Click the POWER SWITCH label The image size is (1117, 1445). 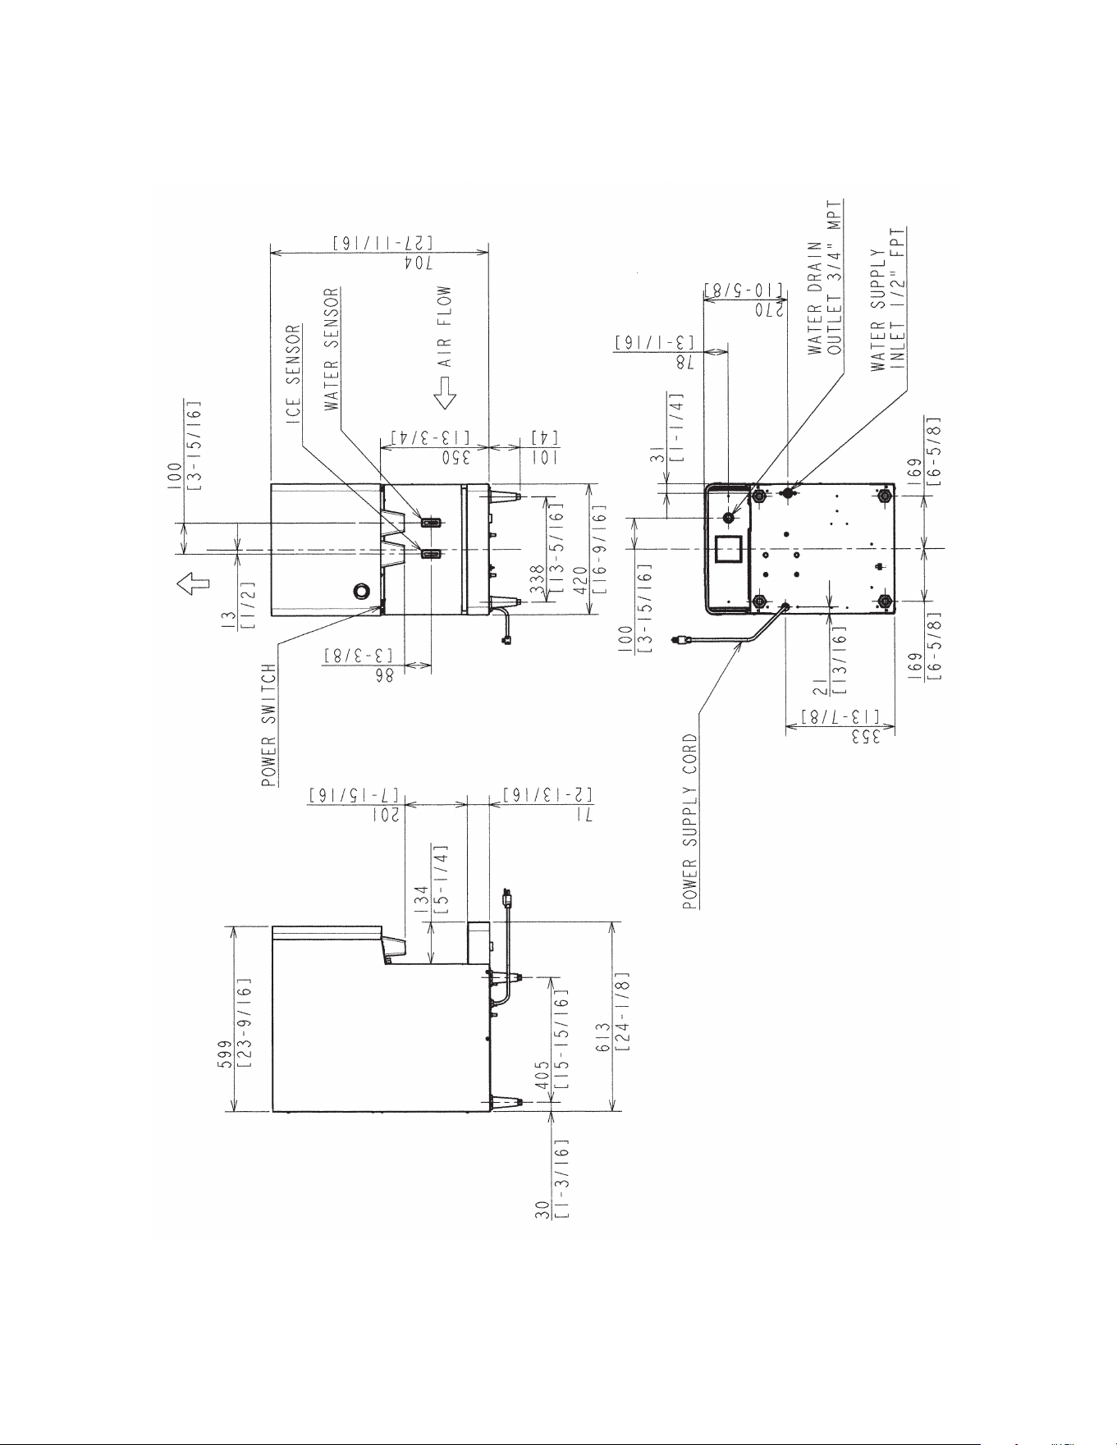coord(269,725)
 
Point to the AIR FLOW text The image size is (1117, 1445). coord(444,326)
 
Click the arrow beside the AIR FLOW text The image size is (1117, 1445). coord(446,393)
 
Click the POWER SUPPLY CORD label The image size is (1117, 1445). coord(690,821)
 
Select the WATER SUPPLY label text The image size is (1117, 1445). coord(879,309)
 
